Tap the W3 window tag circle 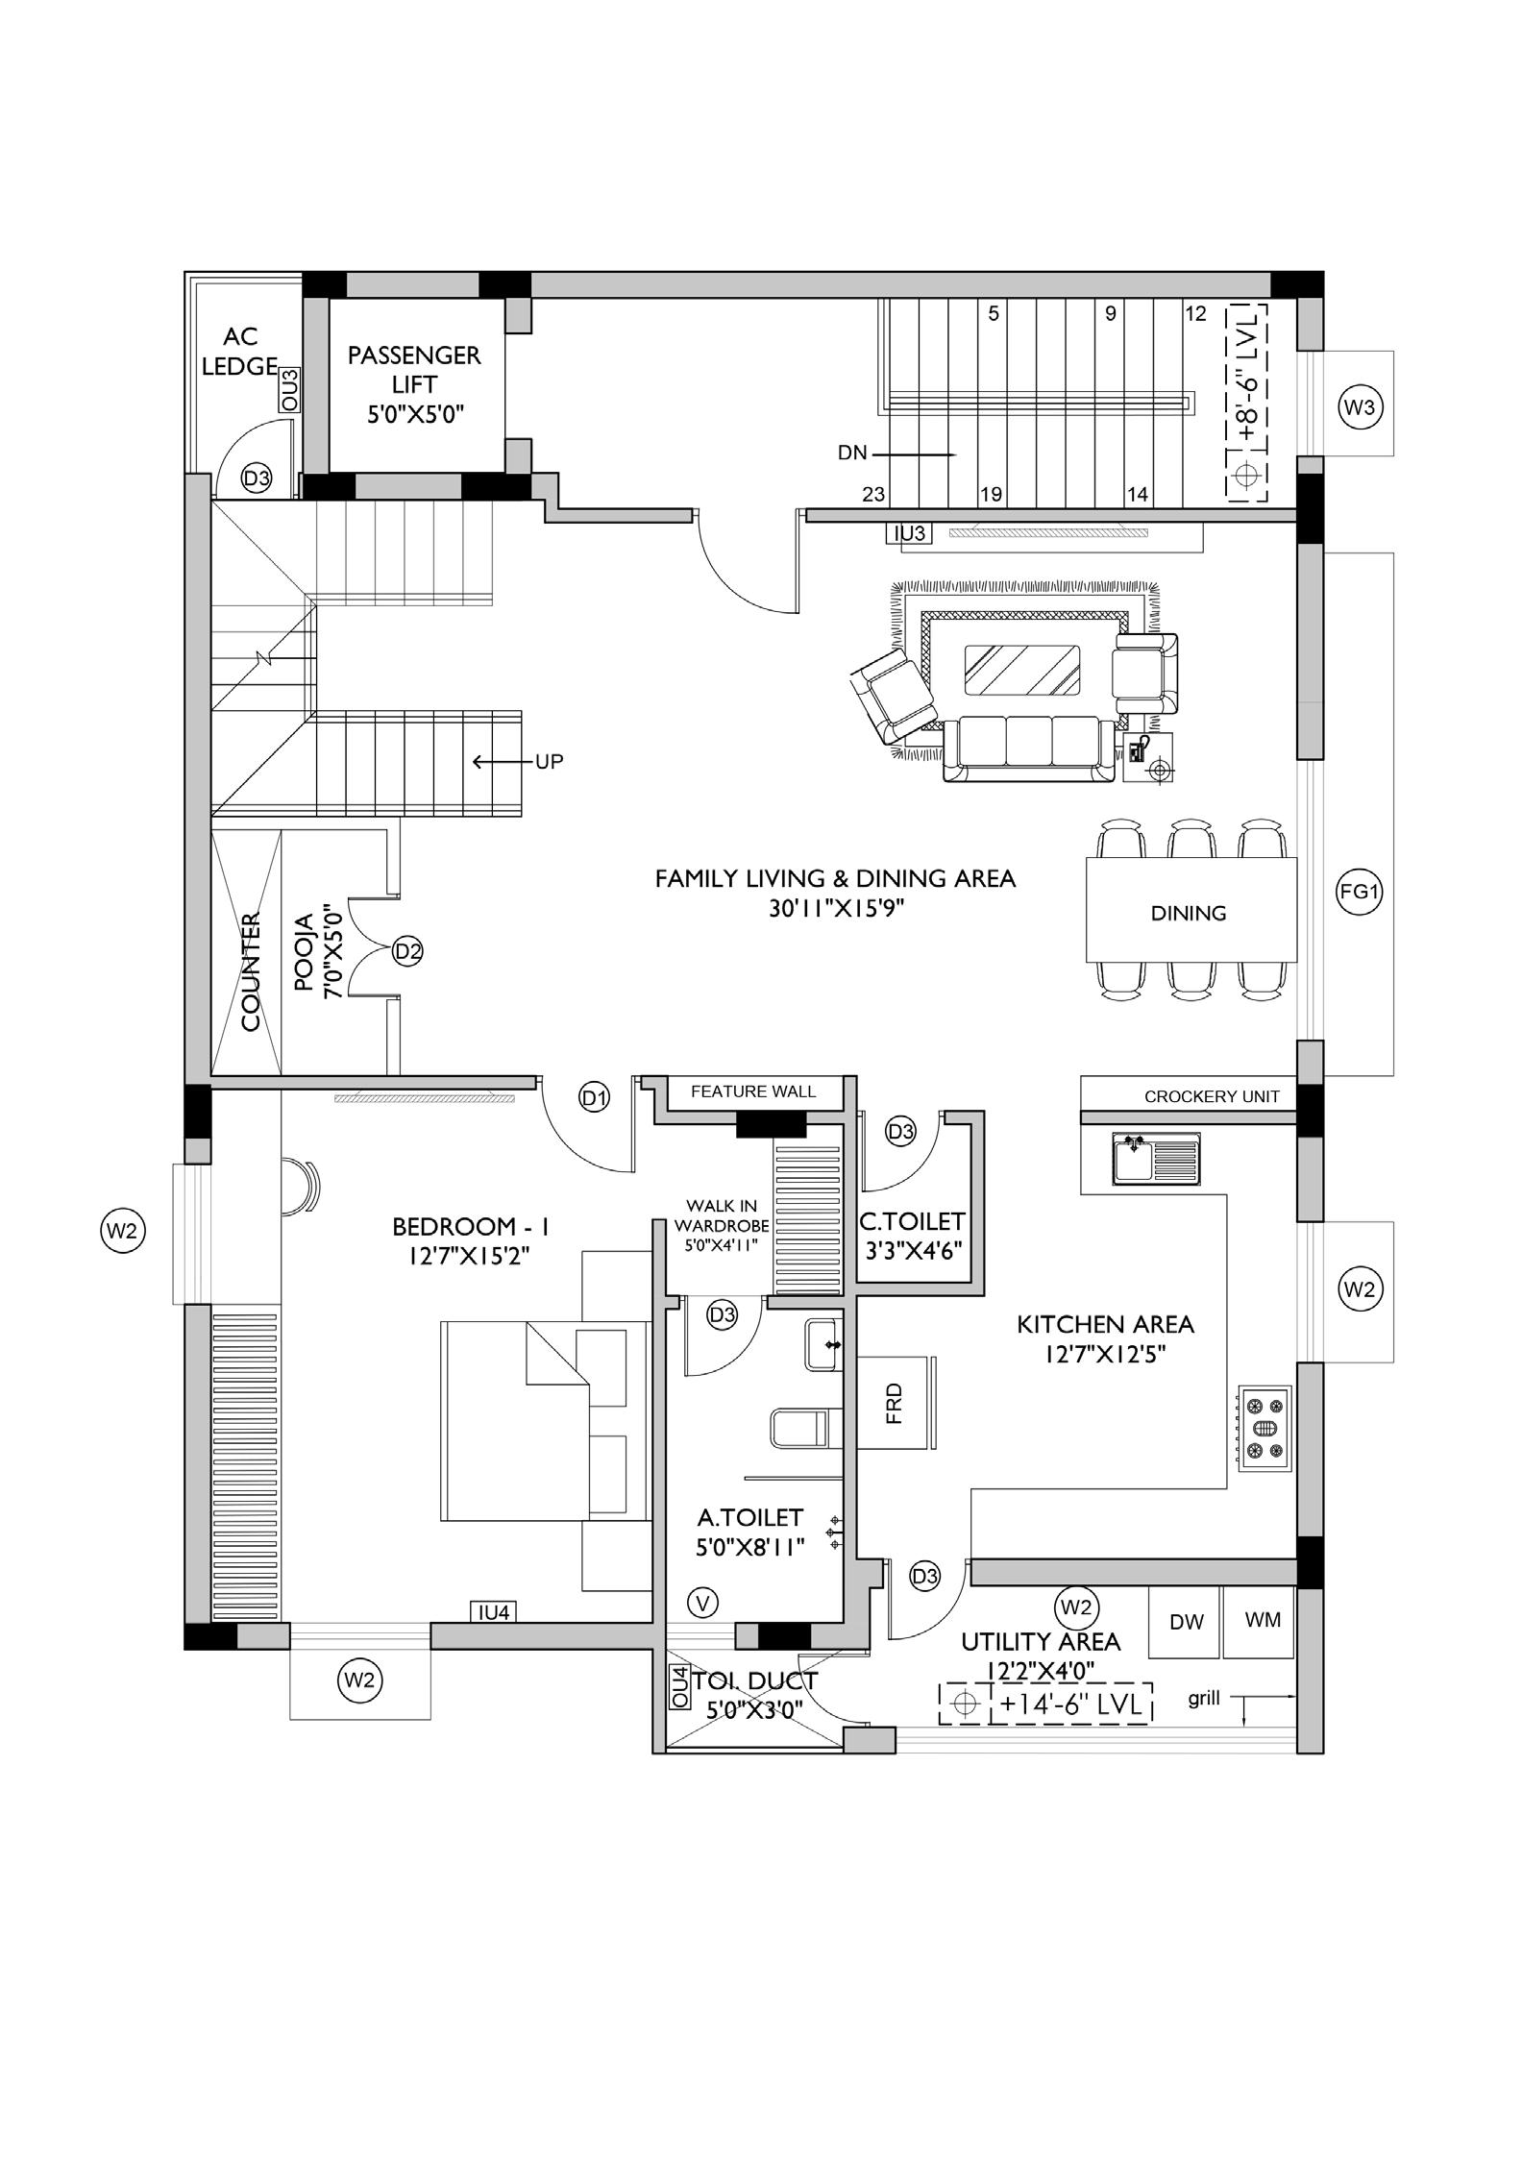coord(1360,407)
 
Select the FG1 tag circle coord(1360,892)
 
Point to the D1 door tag coord(595,1096)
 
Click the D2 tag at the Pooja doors coord(407,951)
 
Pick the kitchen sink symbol coord(1156,1158)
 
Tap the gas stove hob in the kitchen coord(1264,1429)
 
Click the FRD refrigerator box coord(896,1403)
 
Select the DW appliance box coord(1186,1622)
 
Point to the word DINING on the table coord(1189,913)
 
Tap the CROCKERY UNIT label coord(1212,1096)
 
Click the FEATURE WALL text coord(753,1091)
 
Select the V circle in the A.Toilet coord(704,1602)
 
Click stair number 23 coord(873,495)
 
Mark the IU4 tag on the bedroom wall coord(494,1612)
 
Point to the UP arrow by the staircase coord(504,762)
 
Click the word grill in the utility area coord(1204,1699)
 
